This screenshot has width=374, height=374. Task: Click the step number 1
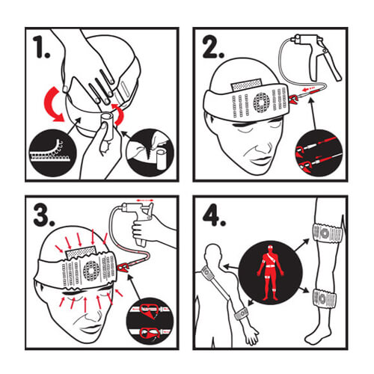click(x=41, y=46)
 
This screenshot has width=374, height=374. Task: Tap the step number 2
click(x=212, y=48)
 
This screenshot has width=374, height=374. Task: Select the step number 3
click(x=44, y=215)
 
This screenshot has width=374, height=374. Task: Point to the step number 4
click(x=214, y=215)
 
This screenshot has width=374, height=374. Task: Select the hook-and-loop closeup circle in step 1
click(x=53, y=153)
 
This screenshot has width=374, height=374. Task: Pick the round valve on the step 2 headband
click(x=262, y=102)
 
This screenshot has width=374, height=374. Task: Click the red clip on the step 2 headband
click(x=294, y=99)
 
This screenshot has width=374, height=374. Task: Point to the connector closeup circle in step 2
click(x=319, y=153)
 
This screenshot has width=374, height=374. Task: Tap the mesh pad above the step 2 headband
click(x=246, y=85)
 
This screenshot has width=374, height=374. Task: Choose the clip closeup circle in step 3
click(x=150, y=321)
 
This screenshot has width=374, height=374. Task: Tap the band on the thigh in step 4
click(x=328, y=233)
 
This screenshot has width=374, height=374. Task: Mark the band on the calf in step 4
click(x=324, y=298)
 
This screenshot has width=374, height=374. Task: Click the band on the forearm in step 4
click(x=241, y=313)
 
